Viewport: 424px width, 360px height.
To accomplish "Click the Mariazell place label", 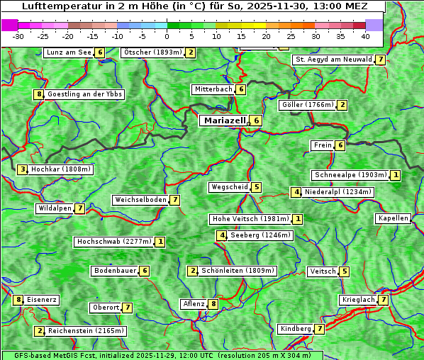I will [x=224, y=120].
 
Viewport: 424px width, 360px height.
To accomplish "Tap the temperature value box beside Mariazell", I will [x=256, y=120].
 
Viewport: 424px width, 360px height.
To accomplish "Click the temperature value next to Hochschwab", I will [x=160, y=242].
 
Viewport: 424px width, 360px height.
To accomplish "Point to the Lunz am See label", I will [x=69, y=52].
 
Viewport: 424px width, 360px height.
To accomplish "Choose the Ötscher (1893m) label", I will [x=152, y=52].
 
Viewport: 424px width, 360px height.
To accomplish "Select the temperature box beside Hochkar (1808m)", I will [x=23, y=169].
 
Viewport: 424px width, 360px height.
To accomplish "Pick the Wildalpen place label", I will [x=55, y=208].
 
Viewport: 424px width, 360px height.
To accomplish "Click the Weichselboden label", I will [x=140, y=200].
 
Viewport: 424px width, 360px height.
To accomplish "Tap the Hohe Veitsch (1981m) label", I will [x=250, y=219].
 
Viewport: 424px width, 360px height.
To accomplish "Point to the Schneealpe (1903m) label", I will [x=350, y=175].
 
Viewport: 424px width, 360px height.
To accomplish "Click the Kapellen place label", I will [x=393, y=218].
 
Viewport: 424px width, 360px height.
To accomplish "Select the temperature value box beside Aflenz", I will [x=213, y=304].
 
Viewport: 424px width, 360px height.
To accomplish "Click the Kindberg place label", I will [x=296, y=329].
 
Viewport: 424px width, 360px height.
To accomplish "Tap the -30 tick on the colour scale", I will [x=18, y=36].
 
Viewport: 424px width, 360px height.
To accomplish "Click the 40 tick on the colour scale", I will [x=364, y=36].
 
